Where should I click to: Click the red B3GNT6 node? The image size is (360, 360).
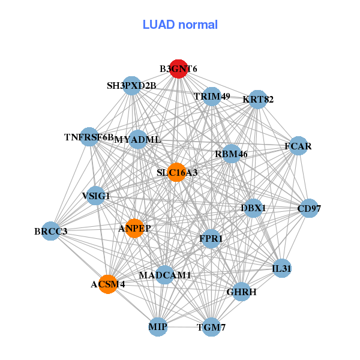(178, 69)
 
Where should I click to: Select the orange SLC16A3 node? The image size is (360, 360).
(176, 173)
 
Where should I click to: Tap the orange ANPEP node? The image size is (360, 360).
(134, 228)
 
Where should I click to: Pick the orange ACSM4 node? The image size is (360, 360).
(108, 284)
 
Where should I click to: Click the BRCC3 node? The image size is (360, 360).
(50, 231)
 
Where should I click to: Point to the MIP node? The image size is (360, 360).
(158, 327)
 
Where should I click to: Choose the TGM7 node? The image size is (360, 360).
(211, 327)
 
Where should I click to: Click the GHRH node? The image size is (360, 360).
(242, 292)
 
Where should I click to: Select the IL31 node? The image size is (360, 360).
(281, 268)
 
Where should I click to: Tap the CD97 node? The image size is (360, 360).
(309, 209)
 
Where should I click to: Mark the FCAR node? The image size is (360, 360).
(298, 146)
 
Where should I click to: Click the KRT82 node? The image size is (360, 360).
(258, 99)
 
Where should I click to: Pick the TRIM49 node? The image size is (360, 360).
(212, 96)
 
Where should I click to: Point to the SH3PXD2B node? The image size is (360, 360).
(132, 86)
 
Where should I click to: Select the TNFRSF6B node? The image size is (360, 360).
(89, 137)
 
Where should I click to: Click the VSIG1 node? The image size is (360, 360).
(96, 196)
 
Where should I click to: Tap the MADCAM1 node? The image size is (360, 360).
(164, 275)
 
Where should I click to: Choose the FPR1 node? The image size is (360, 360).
(211, 239)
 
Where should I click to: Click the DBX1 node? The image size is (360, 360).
(253, 208)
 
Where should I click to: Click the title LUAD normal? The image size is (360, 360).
(180, 25)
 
